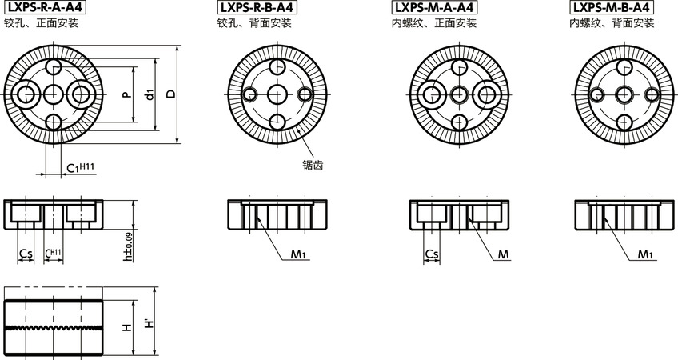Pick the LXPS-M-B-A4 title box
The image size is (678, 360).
(x=611, y=8)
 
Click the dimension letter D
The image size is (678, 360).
(x=171, y=94)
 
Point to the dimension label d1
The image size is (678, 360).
(x=150, y=94)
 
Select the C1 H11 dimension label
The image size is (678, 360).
(x=80, y=167)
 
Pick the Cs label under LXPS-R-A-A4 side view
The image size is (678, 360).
(x=25, y=254)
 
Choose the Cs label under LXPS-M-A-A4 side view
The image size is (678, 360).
(x=431, y=254)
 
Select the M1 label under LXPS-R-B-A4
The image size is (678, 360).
(x=299, y=254)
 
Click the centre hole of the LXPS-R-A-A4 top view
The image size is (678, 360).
(x=53, y=94)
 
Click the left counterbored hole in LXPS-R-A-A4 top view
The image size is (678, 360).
(x=25, y=94)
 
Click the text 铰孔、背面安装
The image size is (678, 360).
(x=256, y=24)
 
